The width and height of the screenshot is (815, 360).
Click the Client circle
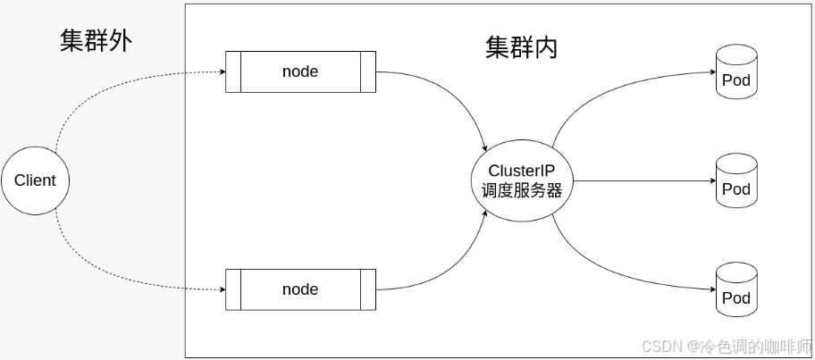pyautogui.click(x=35, y=180)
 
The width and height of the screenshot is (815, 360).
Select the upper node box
pyautogui.click(x=299, y=72)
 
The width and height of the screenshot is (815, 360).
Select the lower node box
pyautogui.click(x=299, y=289)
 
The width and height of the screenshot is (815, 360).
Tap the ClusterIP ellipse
pyautogui.click(x=522, y=180)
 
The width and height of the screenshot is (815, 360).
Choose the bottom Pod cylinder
pyautogui.click(x=735, y=292)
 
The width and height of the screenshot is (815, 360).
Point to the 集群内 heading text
pyautogui.click(x=521, y=47)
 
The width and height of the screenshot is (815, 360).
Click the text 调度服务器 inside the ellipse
pyautogui.click(x=522, y=189)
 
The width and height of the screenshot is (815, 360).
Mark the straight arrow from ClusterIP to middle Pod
pyautogui.click(x=643, y=180)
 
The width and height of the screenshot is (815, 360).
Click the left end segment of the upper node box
pyautogui.click(x=232, y=72)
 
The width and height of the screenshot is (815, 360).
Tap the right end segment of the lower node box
pyautogui.click(x=367, y=289)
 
